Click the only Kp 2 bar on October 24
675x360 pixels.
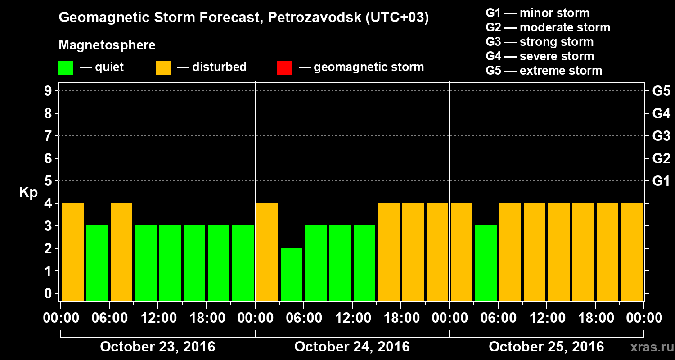[292, 274]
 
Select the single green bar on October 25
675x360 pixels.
[486, 263]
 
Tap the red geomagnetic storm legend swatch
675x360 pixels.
[284, 68]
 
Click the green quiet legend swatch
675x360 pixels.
[66, 68]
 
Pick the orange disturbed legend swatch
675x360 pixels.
[163, 68]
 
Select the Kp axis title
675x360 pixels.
[28, 193]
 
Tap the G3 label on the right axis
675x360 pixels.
[661, 136]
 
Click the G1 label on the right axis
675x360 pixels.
[661, 181]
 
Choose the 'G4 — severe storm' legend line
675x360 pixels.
[540, 56]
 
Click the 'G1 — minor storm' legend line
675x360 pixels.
[537, 13]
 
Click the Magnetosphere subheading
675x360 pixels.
[107, 45]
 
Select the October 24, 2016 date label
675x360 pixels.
[352, 347]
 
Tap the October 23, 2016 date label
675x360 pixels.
[157, 347]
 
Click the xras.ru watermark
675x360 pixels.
[649, 347]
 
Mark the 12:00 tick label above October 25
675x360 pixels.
[546, 318]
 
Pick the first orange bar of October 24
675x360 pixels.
[267, 252]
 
